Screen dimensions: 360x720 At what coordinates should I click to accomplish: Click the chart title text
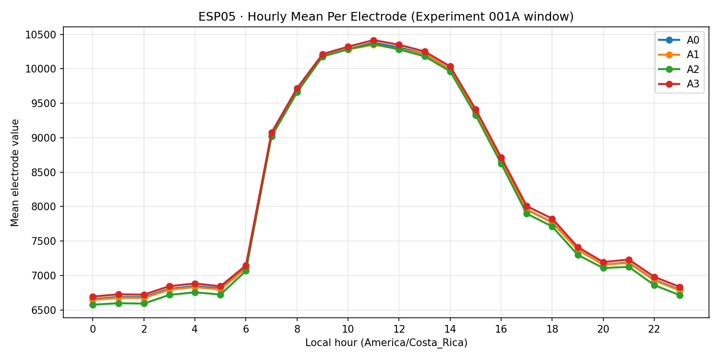pos(386,17)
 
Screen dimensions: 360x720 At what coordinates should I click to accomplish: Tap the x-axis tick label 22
pos(654,330)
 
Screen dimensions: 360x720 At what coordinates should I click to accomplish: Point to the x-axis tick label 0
pos(93,330)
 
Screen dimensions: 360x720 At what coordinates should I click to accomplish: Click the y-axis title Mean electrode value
pos(15,172)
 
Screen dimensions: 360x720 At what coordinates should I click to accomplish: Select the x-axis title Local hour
pos(386,343)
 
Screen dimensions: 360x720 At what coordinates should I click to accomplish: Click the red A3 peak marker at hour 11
pos(373,41)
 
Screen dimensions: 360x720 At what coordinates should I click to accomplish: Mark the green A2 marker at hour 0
pos(93,305)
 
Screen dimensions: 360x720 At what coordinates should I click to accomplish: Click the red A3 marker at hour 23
pos(680,287)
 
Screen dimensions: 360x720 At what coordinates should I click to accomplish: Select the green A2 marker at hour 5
pos(220,295)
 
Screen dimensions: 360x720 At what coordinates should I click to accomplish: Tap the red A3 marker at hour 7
pos(272,132)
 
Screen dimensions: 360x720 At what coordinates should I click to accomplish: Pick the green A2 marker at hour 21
pos(629,267)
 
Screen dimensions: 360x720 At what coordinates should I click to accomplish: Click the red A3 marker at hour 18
pos(552,219)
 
